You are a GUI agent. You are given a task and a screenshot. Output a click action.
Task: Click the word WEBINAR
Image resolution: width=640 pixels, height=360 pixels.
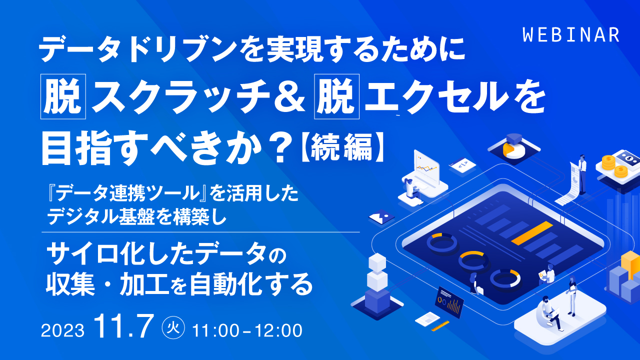pos(571,34)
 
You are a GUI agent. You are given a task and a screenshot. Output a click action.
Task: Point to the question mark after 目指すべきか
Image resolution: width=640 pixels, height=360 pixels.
pos(280,146)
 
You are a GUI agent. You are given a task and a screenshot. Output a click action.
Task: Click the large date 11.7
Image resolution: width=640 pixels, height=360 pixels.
pos(126,327)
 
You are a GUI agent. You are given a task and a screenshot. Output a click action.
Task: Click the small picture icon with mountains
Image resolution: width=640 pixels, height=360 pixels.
pos(381,217)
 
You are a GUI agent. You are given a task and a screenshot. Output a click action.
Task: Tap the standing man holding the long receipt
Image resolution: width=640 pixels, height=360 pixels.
pos(582,166)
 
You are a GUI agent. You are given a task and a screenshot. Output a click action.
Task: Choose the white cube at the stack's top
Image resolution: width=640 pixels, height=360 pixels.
pos(377,261)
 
